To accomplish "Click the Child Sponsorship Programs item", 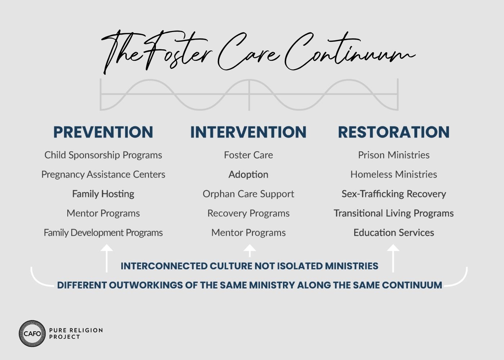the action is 103,155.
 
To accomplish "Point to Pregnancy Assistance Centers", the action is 103,175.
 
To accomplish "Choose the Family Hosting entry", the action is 103,194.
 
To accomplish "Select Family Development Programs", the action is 103,233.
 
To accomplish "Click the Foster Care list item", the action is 248,155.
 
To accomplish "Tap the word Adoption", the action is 248,175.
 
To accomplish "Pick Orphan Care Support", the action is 248,194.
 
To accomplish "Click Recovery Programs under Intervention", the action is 248,213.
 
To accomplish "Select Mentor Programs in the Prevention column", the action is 103,213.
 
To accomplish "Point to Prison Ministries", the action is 394,155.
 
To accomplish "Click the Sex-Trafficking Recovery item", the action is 394,194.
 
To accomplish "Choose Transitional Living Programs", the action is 394,213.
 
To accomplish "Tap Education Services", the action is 394,233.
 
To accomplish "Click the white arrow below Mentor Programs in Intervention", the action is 249,251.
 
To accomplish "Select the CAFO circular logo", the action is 32,333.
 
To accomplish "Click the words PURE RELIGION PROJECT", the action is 76,333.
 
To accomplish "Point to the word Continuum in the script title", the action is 350,52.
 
